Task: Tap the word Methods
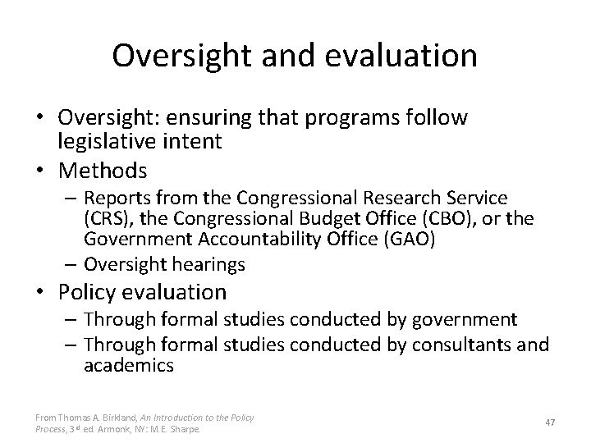click(103, 171)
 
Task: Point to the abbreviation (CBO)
click(456, 218)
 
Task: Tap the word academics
click(128, 366)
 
